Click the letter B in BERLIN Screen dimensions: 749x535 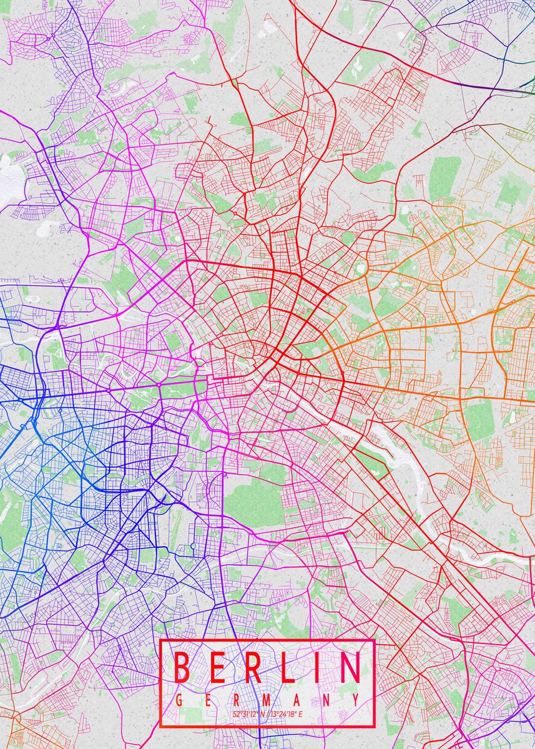[x=181, y=667]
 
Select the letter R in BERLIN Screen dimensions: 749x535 [x=253, y=667]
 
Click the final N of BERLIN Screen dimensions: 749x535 [x=350, y=667]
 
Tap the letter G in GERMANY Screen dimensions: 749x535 [x=180, y=700]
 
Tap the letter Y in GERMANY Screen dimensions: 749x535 [x=355, y=700]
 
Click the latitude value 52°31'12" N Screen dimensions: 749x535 [x=248, y=713]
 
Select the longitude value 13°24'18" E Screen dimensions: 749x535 [x=287, y=713]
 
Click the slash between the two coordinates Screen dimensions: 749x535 [x=268, y=713]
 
